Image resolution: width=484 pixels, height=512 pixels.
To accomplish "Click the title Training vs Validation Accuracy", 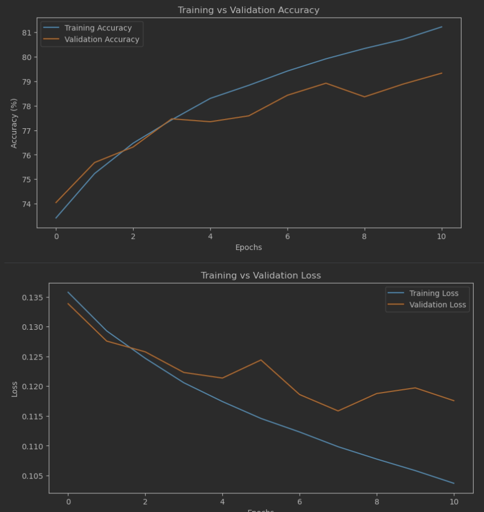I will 249,10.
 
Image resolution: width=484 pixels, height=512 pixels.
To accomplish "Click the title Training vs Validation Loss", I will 261,275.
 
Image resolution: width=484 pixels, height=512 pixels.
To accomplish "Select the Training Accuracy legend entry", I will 98,28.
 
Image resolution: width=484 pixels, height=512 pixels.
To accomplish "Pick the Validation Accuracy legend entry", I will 102,40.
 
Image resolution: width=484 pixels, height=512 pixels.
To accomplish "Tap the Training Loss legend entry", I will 433,293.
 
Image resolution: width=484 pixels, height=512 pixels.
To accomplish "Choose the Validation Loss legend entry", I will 437,305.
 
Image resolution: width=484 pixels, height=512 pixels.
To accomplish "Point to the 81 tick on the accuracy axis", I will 26,32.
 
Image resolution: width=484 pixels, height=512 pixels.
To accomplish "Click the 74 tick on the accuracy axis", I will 26,204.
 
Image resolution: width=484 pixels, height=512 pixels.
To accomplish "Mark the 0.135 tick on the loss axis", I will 32,298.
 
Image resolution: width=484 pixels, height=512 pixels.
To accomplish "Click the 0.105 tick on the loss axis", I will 32,476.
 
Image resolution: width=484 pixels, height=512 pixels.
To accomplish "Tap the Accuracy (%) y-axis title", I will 14,123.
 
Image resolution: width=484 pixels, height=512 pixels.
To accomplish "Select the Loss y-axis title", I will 14,389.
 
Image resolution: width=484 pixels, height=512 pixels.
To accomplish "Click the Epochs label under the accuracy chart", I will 249,248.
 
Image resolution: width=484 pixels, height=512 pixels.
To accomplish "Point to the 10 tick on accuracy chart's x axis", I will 441,236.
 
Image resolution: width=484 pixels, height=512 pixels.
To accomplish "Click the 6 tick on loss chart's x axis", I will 299,502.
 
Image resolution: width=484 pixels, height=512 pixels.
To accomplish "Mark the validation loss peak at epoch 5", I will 261,360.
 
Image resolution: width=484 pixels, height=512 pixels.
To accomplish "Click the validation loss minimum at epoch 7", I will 338,411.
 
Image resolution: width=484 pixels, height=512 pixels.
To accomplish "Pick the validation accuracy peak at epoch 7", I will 326,83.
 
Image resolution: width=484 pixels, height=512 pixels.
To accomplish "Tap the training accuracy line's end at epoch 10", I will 442,27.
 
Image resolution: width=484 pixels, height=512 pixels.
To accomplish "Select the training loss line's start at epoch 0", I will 68,292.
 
